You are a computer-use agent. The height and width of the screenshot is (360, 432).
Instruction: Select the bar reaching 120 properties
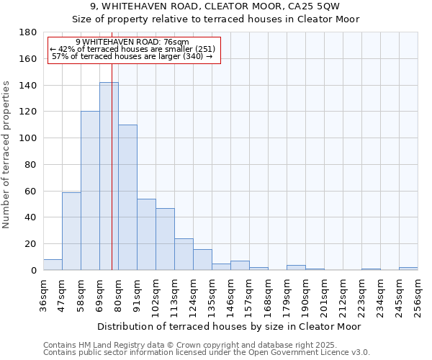coord(90,191)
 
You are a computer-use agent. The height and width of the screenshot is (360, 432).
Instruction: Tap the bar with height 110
coord(127,197)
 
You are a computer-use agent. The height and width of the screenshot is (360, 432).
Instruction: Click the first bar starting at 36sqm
coord(53,264)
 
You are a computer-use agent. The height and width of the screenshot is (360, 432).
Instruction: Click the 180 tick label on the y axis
coord(30,32)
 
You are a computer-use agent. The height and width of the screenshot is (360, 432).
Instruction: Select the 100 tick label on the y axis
coord(30,138)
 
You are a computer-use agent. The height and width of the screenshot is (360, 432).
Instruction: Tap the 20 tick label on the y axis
coord(32,244)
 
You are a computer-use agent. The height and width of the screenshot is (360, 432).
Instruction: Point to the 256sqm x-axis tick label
coord(418,294)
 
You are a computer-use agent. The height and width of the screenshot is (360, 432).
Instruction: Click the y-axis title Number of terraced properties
coord(6,155)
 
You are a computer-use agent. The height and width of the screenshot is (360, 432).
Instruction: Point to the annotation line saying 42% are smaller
coord(132,49)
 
